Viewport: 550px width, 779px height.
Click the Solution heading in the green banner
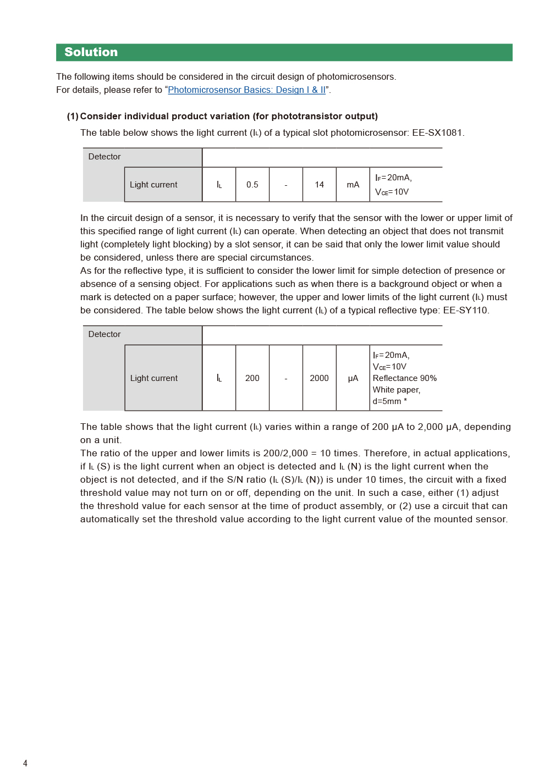click(91, 52)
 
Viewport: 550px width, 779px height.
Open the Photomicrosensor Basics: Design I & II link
click(246, 90)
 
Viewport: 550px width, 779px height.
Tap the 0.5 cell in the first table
click(252, 185)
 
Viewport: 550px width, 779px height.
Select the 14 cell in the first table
click(319, 185)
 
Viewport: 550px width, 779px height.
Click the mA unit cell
click(353, 185)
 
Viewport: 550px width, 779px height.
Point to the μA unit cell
click(353, 378)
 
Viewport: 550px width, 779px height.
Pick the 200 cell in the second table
click(252, 378)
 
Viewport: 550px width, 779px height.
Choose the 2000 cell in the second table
click(319, 378)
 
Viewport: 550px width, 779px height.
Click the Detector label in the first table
click(105, 157)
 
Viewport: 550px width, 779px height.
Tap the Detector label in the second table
click(105, 334)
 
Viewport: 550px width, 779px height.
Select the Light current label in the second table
click(154, 378)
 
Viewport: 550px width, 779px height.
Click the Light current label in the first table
click(153, 185)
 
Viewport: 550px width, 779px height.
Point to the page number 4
click(25, 763)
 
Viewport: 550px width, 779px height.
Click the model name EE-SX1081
click(437, 133)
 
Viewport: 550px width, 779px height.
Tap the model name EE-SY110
click(465, 311)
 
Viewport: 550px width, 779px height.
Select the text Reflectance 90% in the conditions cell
click(404, 378)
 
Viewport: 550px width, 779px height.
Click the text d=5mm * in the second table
click(389, 401)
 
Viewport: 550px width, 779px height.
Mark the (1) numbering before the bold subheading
click(73, 117)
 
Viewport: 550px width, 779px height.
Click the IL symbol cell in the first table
click(219, 185)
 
